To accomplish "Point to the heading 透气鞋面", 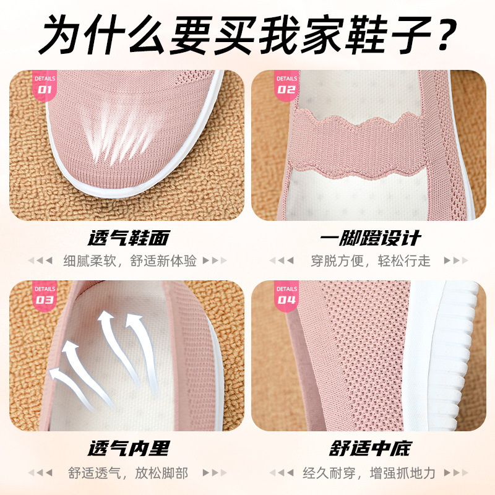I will [x=128, y=238].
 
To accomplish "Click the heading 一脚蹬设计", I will [x=370, y=238].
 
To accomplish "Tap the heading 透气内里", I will [x=128, y=449].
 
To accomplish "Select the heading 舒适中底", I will [x=370, y=449].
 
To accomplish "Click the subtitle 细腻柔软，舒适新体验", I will [x=129, y=260].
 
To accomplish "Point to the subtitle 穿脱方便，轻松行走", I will [x=370, y=260].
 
